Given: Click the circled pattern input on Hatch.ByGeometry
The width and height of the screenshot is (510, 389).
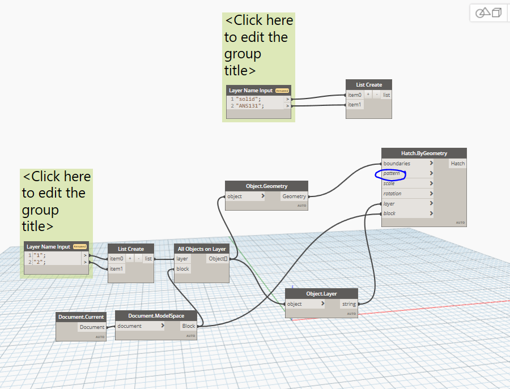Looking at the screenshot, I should click(392, 173).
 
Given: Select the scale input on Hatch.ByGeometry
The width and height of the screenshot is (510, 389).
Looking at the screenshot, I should click(389, 183).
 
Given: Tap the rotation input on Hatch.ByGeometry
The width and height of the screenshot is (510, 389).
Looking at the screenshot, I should click(392, 194).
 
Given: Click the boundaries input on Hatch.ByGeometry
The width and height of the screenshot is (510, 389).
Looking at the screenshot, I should click(397, 163).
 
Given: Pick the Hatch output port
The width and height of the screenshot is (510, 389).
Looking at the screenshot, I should click(457, 163).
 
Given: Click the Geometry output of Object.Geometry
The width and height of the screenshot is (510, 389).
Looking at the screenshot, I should click(294, 196).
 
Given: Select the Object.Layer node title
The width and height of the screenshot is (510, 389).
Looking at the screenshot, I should click(321, 293).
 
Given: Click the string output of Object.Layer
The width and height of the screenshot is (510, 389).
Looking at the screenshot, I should click(349, 304).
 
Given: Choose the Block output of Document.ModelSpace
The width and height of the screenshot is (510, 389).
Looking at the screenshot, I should click(188, 326).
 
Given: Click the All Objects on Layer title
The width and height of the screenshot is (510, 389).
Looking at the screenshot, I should click(201, 249).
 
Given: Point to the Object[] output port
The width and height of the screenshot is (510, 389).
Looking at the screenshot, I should click(218, 259).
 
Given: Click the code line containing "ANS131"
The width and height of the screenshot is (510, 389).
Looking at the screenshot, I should click(250, 106).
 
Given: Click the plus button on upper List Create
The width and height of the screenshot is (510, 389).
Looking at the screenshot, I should click(368, 95).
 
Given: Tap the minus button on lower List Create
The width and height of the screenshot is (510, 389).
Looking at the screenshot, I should click(138, 259).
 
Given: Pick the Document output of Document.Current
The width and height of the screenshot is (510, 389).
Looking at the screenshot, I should click(92, 327).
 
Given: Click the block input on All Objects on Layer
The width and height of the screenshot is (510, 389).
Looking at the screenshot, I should click(183, 269).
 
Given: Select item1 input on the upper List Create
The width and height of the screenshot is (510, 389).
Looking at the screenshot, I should click(355, 105).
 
